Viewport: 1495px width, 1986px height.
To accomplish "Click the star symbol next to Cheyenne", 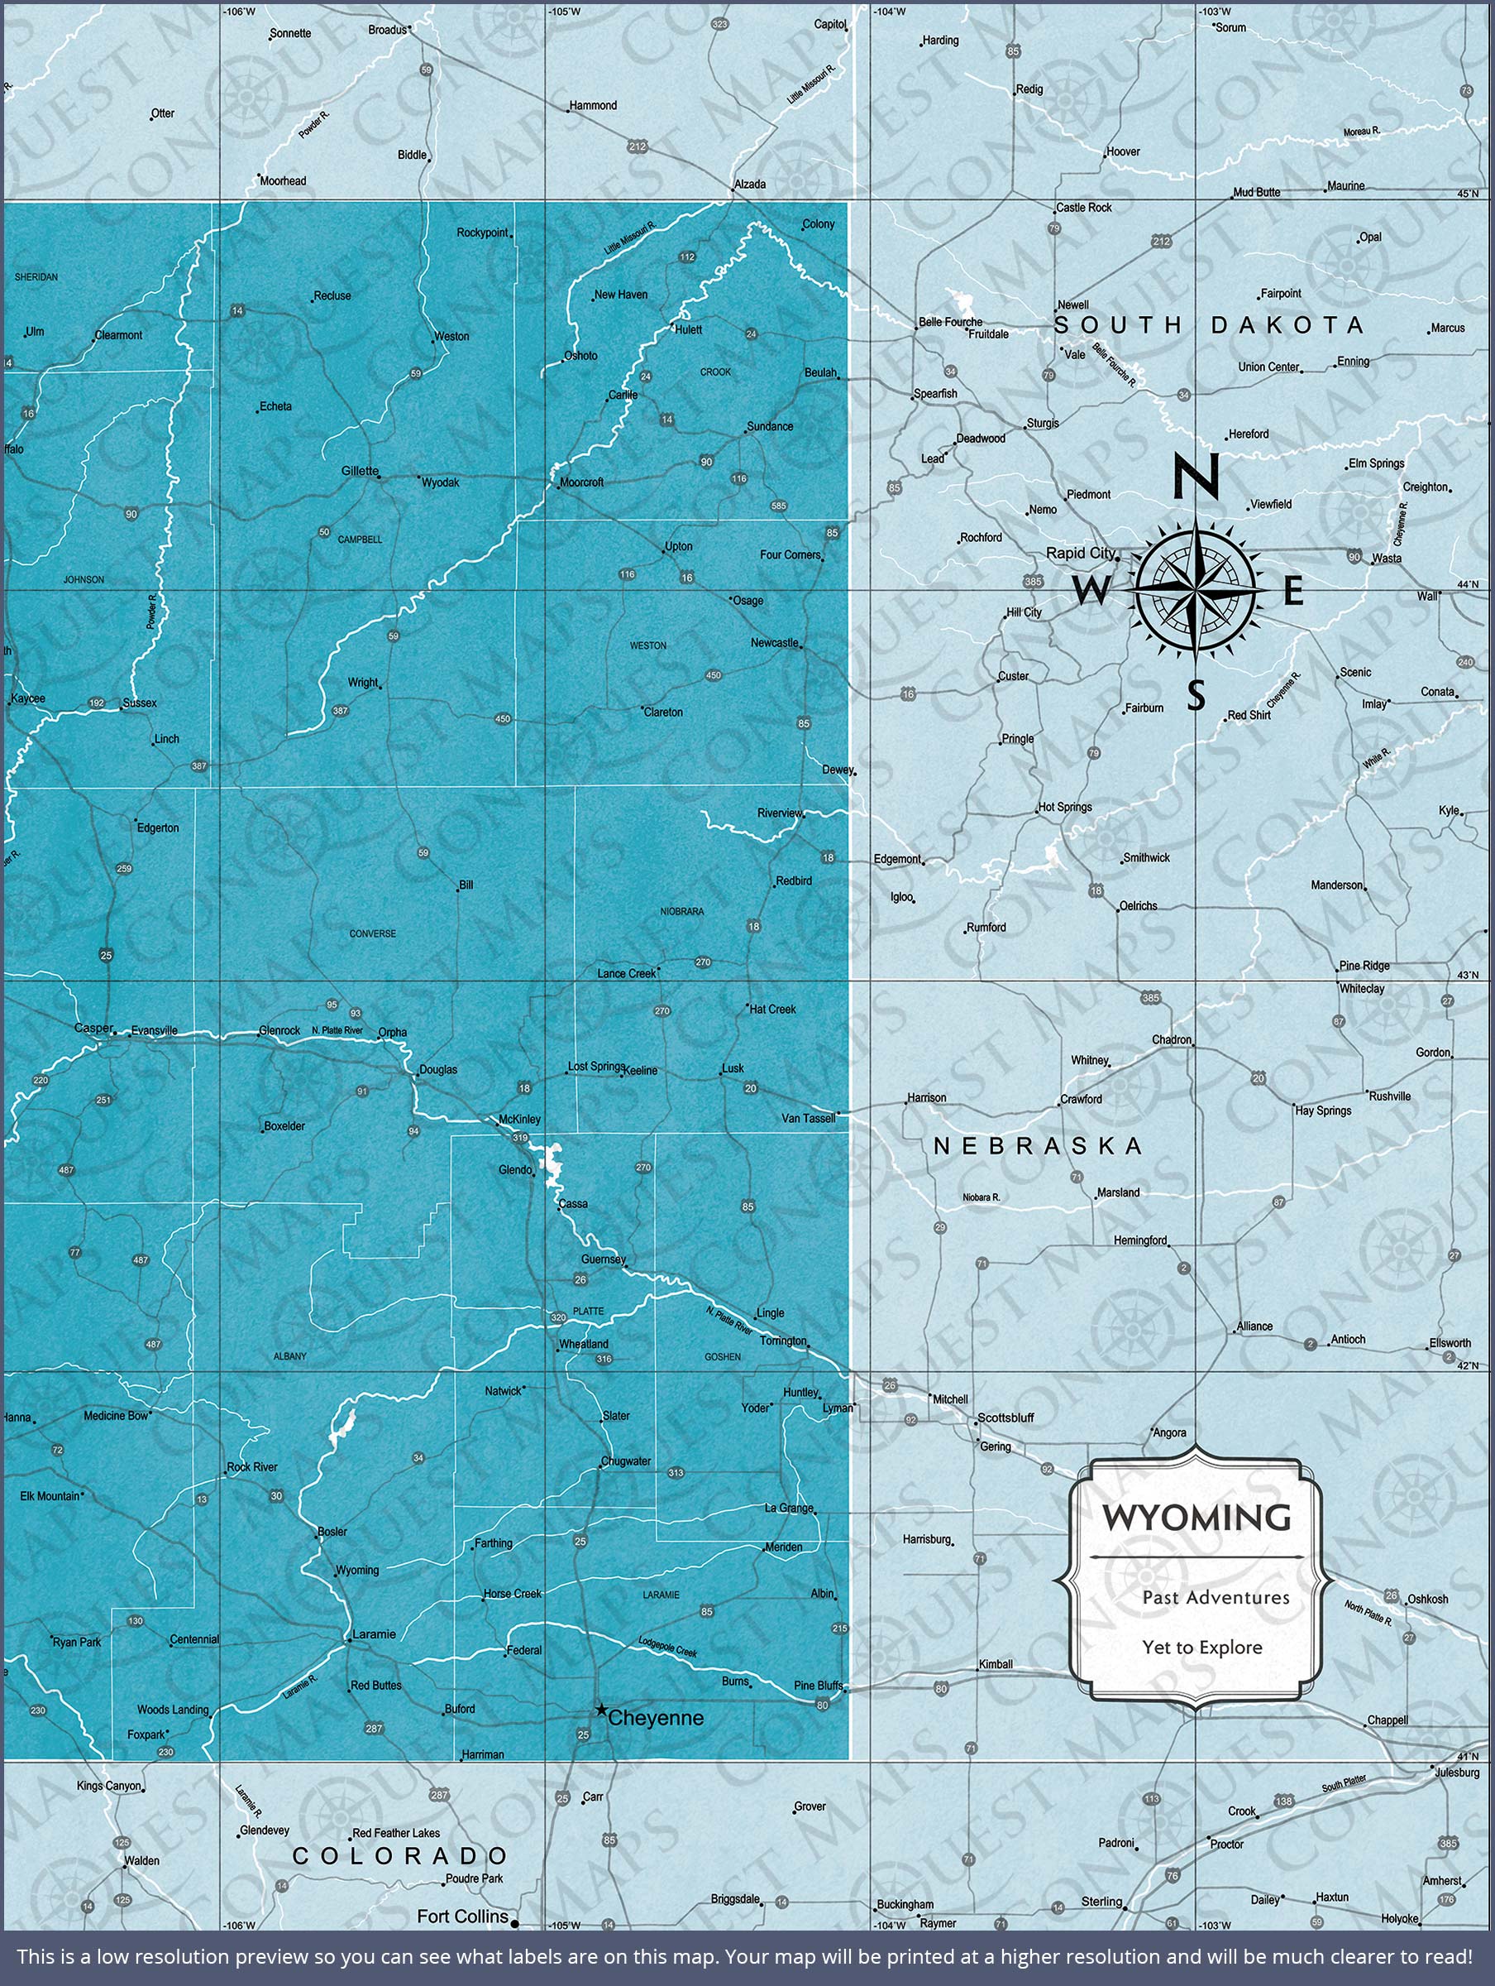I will click(x=600, y=1710).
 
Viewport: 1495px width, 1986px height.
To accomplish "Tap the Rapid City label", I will click(x=1081, y=553).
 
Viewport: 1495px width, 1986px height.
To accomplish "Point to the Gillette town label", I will click(x=360, y=472).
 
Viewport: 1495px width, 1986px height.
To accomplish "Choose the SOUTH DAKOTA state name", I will click(x=1209, y=325).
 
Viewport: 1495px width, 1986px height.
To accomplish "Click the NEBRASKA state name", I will click(x=1039, y=1145).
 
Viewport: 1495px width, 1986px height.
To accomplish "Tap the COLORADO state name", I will click(x=401, y=1857).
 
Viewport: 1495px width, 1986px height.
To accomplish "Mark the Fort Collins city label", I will click(x=463, y=1916).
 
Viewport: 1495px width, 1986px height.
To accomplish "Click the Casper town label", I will click(x=93, y=1028).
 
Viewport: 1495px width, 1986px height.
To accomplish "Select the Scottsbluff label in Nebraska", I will click(x=1006, y=1418).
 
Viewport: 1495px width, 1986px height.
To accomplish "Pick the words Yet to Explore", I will click(x=1201, y=1648).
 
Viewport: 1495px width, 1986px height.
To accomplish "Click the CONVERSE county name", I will click(x=372, y=933).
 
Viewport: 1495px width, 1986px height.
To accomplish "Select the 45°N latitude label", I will click(x=1467, y=193).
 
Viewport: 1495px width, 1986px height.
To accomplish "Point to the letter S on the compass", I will click(x=1196, y=694).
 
